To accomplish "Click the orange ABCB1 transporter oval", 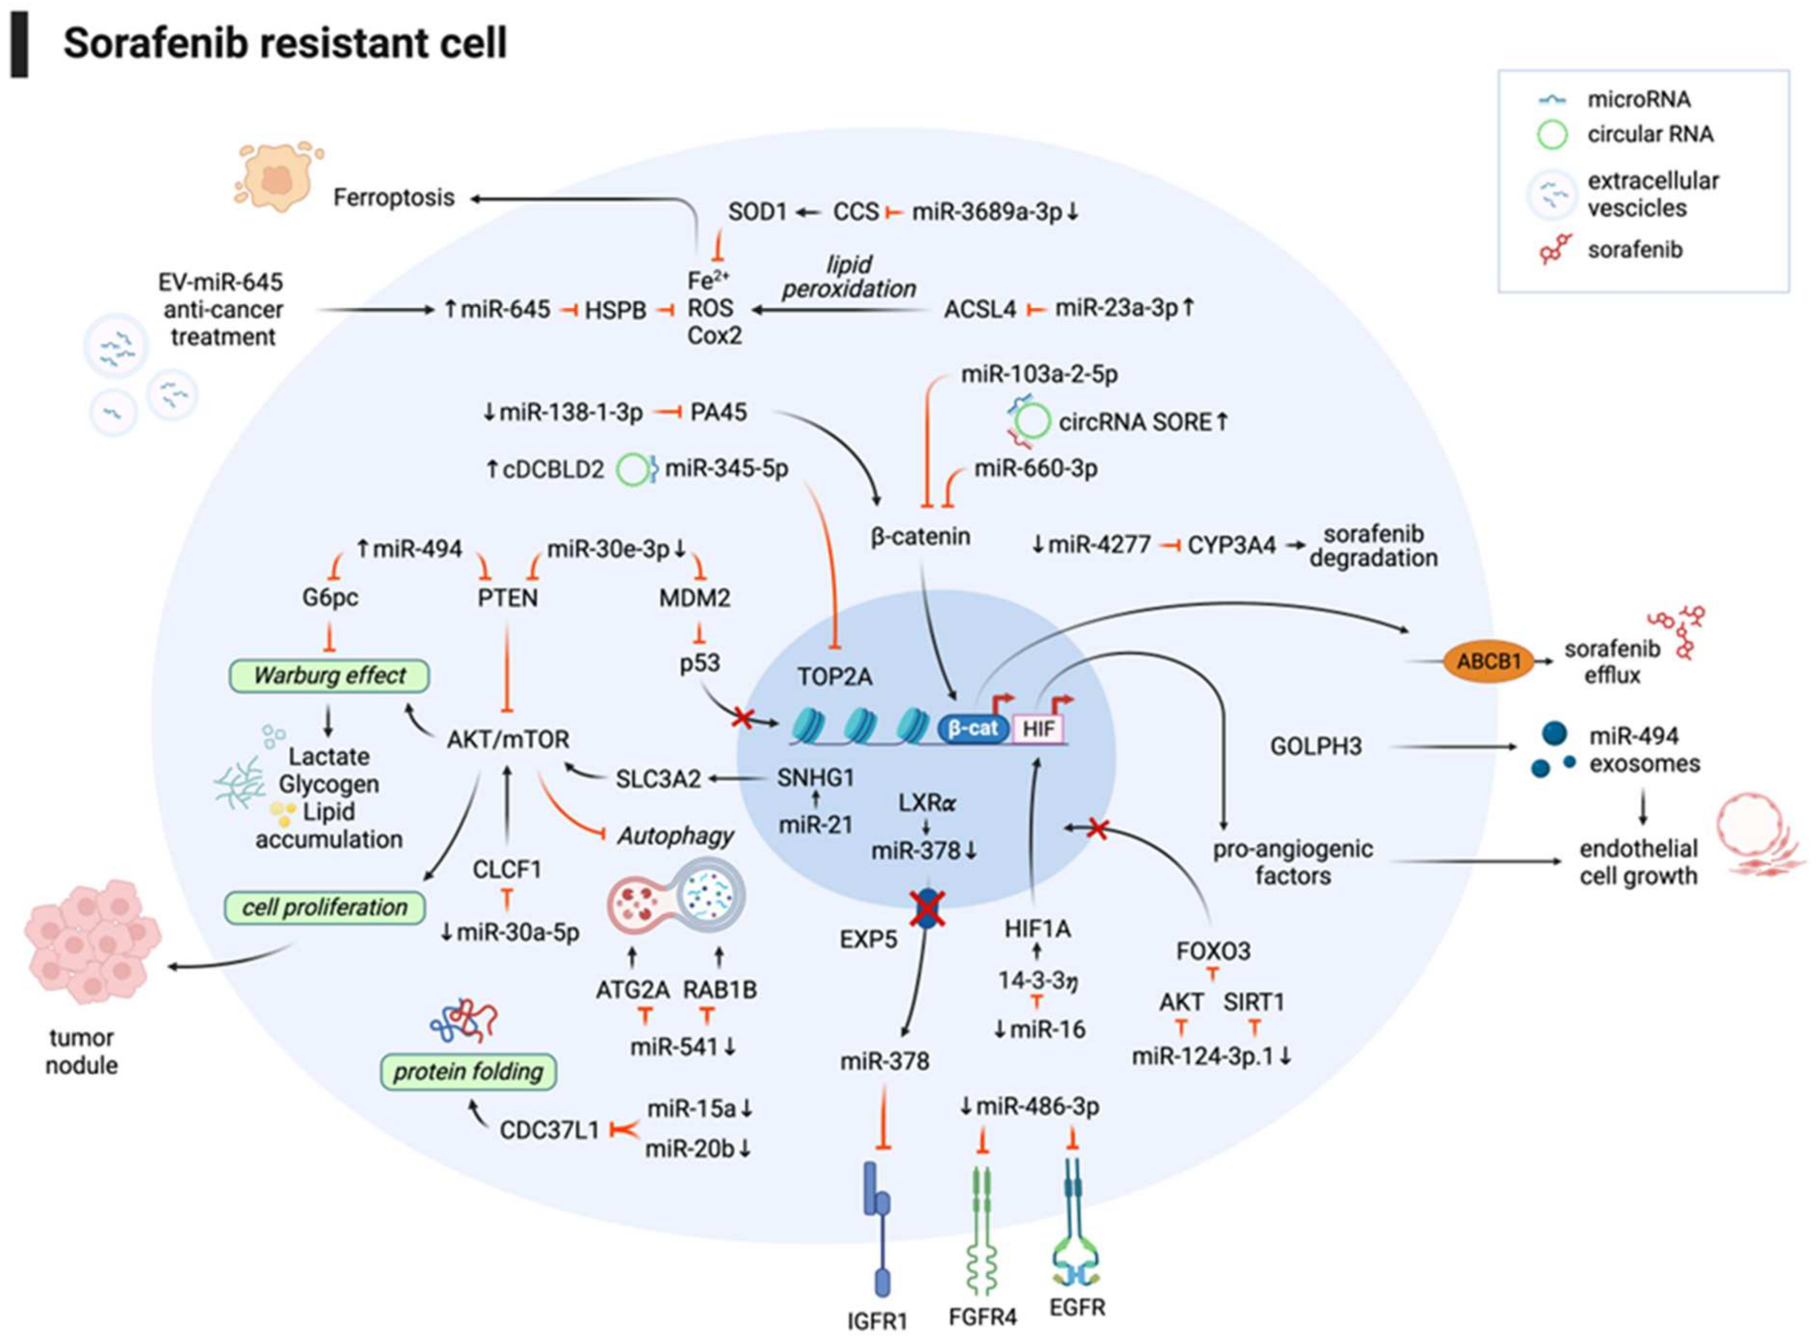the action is tap(1488, 661).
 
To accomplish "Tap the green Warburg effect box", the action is tap(330, 675).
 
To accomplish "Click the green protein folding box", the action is tap(468, 1072).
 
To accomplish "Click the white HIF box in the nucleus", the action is tap(1039, 728).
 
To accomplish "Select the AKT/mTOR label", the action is tap(508, 739).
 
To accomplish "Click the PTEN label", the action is tap(508, 598).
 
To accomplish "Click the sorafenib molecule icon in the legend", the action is tap(1555, 249).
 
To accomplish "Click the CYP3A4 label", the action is tap(1232, 545).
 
